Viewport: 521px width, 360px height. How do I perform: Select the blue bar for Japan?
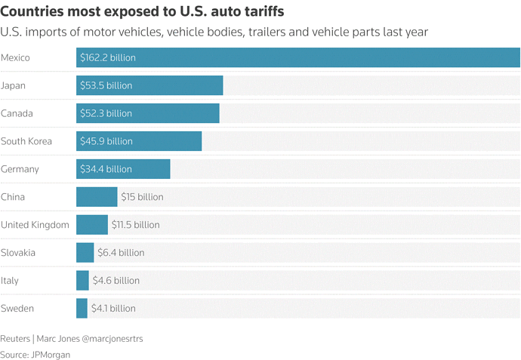coord(150,85)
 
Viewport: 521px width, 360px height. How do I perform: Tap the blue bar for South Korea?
coord(139,141)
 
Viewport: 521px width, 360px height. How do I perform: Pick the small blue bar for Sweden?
coord(82,308)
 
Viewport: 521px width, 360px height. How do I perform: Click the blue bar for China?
coord(97,197)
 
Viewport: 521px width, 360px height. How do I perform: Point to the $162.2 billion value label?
coord(108,57)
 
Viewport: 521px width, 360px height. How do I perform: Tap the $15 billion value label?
coord(142,197)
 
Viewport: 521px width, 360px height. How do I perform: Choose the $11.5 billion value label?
coord(135,225)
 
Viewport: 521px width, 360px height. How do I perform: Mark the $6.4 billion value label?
coord(121,253)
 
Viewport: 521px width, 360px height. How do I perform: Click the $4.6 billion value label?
coord(116,281)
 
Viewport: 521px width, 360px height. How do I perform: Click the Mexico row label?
coord(16,57)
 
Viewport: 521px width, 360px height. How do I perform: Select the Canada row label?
coord(17,113)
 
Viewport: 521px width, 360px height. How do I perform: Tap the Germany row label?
coord(20,169)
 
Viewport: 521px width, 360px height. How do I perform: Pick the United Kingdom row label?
coord(35,225)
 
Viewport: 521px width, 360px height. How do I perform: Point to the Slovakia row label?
coord(18,253)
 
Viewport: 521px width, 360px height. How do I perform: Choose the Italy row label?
coord(10,281)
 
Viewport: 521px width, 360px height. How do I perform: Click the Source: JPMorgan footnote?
coord(35,354)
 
